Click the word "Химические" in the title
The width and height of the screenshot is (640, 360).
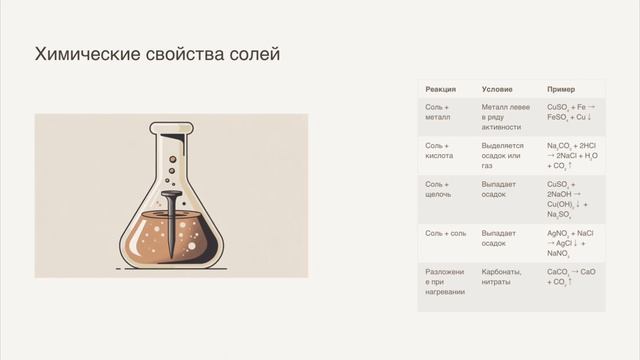pos(83,54)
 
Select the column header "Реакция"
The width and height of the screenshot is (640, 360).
pos(441,89)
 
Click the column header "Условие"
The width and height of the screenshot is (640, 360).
pos(498,89)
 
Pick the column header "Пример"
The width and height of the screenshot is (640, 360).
pos(561,89)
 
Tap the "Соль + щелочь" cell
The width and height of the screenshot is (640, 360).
pos(439,189)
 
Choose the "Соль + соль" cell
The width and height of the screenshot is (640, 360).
pos(446,233)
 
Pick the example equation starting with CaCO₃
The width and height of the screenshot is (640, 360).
pos(571,276)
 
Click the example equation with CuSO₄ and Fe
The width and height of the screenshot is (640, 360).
pos(571,112)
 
